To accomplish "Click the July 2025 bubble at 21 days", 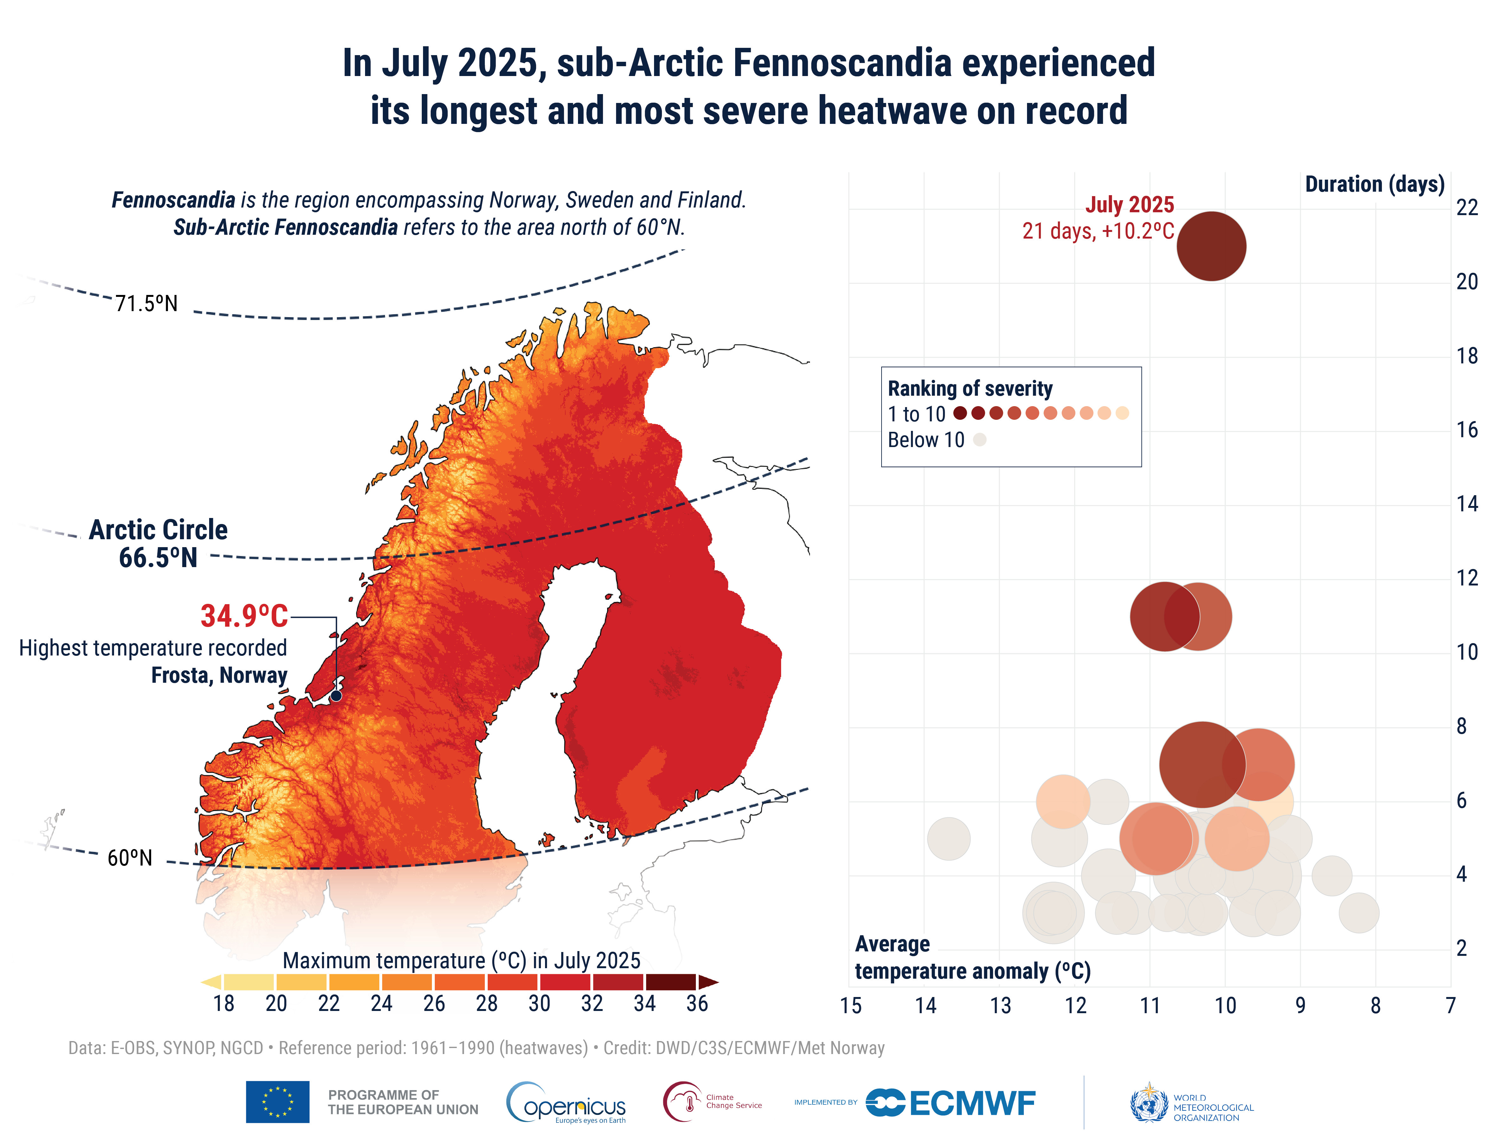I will (x=1211, y=246).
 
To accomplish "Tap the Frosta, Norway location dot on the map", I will (x=336, y=696).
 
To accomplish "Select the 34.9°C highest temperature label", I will (x=244, y=616).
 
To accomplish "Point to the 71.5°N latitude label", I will (x=146, y=304).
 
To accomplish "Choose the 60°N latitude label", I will (x=130, y=858).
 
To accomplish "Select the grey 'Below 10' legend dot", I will (x=979, y=440).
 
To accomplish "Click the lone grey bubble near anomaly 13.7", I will (x=948, y=839).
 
